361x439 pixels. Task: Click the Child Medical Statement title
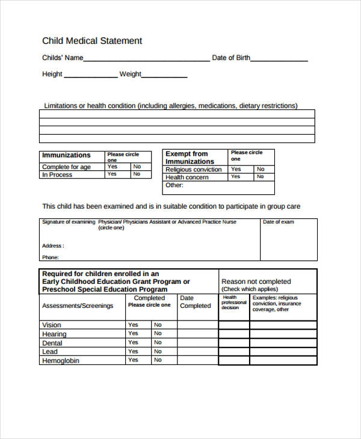92,41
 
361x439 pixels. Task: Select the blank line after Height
90,76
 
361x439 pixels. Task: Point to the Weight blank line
164,76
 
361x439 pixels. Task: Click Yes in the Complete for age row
113,167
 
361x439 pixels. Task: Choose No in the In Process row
137,174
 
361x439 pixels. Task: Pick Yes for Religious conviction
236,170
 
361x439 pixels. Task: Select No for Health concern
261,177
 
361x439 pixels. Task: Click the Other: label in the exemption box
174,185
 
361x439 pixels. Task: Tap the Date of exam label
279,222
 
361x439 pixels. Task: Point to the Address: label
53,246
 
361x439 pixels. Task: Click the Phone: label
51,257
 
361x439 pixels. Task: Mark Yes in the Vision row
133,325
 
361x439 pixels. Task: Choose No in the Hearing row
158,334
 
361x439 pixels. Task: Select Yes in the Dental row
133,342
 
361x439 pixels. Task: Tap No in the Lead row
158,351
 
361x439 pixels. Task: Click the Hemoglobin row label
60,361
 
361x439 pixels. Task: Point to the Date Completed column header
196,302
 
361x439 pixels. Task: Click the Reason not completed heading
256,281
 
